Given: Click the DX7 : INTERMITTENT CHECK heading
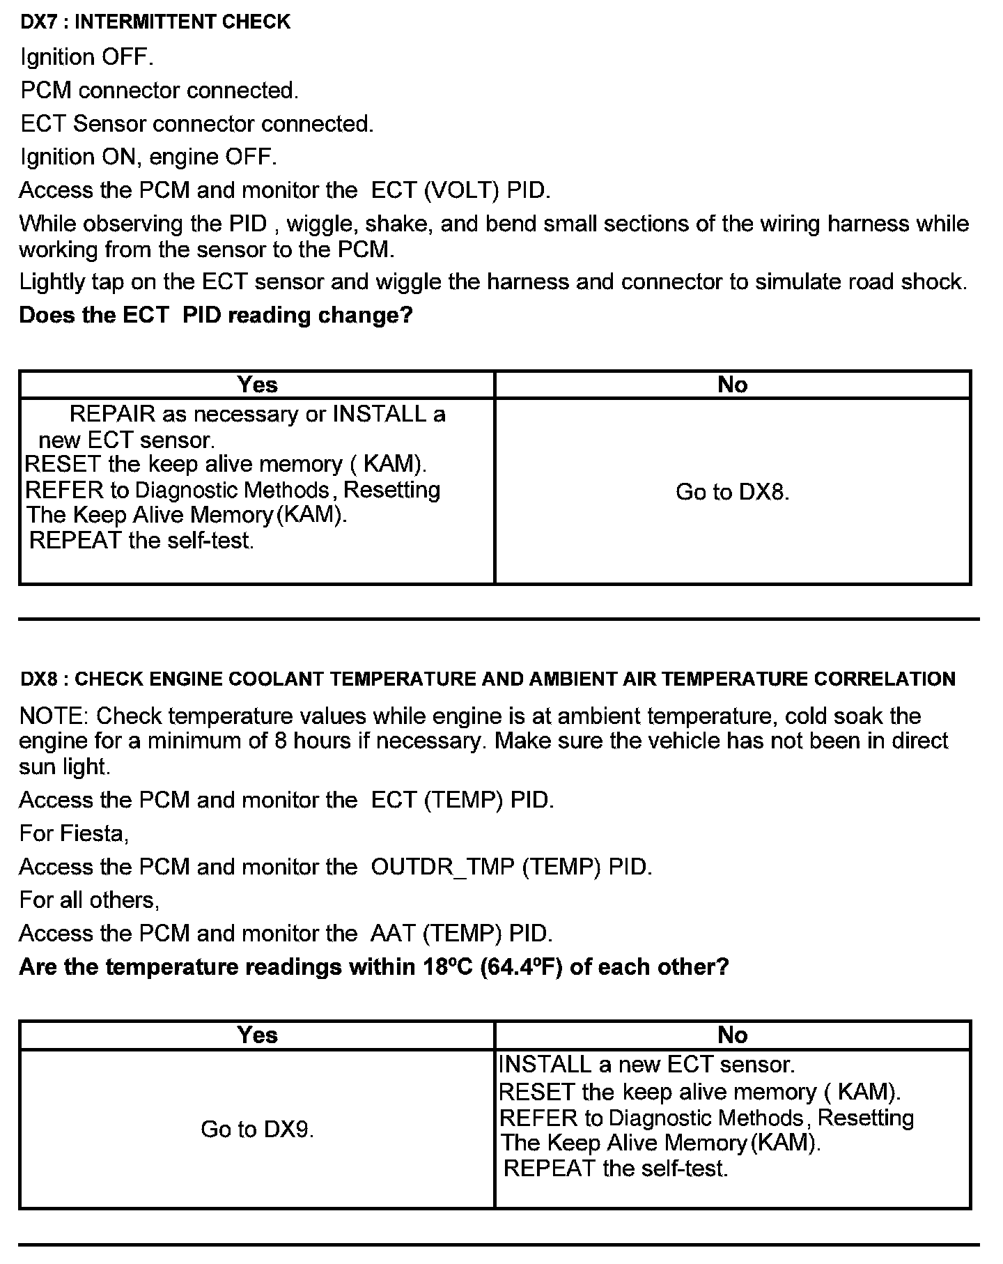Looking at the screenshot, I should pos(155,22).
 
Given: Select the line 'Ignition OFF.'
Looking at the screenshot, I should pos(86,57).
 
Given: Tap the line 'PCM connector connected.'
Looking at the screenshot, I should pos(159,91).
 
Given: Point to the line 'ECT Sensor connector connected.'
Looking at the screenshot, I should pos(196,124).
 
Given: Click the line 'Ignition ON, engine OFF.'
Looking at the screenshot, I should pos(148,157).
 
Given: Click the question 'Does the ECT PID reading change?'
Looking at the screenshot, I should pos(216,316).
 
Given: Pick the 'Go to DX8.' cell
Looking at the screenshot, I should pos(732,493).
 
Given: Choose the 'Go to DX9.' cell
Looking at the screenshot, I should pos(257,1130).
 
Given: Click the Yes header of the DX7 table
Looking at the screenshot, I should pos(257,385).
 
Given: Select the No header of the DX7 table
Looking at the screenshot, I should pos(732,385).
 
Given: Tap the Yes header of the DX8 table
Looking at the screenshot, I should pos(257,1035).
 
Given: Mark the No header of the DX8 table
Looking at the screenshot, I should pos(732,1035).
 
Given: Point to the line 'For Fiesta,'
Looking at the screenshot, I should pos(74,834).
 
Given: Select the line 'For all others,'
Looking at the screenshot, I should pos(89,900).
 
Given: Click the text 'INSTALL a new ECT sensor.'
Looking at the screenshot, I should pos(646,1065).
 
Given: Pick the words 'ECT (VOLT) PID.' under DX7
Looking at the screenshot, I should pos(460,191).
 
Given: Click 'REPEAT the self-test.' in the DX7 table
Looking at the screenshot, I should pos(141,541).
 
